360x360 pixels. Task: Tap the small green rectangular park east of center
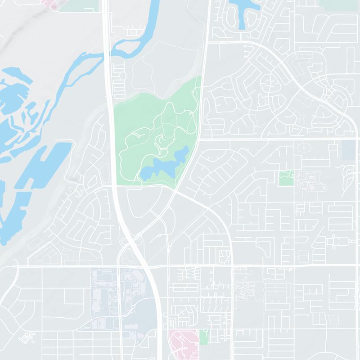tap(286, 178)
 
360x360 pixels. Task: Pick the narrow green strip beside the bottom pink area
tap(204, 337)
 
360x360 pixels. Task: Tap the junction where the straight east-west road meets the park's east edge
tap(198, 139)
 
